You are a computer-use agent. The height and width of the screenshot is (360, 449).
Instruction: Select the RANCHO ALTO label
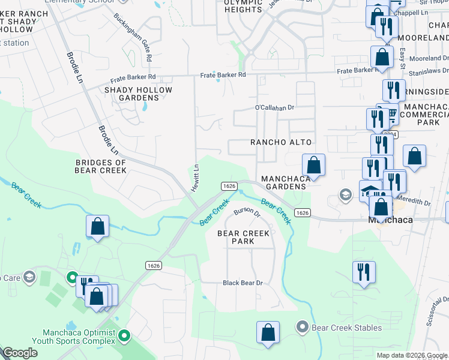(281, 142)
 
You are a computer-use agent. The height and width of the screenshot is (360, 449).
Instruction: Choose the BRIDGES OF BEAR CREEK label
(101, 166)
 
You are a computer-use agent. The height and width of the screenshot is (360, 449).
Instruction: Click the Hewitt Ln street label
(195, 178)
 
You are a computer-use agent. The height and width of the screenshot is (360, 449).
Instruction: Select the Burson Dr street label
(247, 212)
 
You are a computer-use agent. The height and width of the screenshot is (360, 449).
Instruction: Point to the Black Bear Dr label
(243, 283)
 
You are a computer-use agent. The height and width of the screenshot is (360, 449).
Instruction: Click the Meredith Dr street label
(418, 203)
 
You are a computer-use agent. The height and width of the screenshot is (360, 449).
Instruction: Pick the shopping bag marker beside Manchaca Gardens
(313, 164)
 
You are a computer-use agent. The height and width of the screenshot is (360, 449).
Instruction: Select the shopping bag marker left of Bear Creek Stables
(268, 332)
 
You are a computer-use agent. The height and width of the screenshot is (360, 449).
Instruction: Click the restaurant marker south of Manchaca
(364, 272)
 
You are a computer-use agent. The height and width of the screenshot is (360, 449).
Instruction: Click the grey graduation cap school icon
(345, 194)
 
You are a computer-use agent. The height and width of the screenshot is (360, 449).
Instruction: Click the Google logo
(20, 353)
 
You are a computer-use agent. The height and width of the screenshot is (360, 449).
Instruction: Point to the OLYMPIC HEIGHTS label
(243, 6)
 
